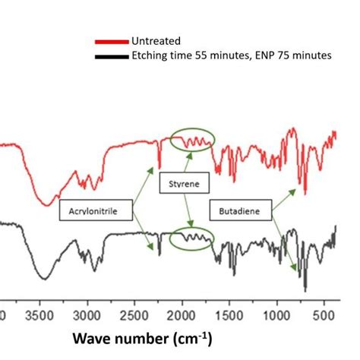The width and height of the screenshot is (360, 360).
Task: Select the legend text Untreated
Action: [x=156, y=42]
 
